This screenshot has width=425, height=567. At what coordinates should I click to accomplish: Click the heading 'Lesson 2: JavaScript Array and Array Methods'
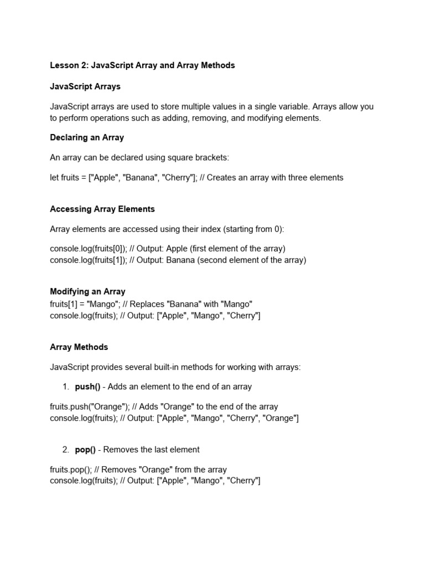point(142,65)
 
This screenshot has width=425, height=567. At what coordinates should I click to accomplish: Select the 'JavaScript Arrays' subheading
point(85,87)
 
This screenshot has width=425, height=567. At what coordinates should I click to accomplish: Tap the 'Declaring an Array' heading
point(87,137)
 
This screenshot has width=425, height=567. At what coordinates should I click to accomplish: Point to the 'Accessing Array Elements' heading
point(102,209)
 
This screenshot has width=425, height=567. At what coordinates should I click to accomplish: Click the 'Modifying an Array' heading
point(87,291)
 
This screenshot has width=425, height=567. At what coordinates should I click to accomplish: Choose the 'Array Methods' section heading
point(79,347)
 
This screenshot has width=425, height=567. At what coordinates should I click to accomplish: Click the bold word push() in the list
point(87,386)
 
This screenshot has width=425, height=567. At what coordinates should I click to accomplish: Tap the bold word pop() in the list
point(85,450)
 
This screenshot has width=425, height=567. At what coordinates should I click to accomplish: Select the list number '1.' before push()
point(65,386)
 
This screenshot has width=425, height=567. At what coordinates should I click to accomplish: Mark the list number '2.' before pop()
point(65,450)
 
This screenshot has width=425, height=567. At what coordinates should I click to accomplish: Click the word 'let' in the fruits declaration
point(54,178)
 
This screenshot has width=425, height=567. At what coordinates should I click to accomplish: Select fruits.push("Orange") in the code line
point(85,407)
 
